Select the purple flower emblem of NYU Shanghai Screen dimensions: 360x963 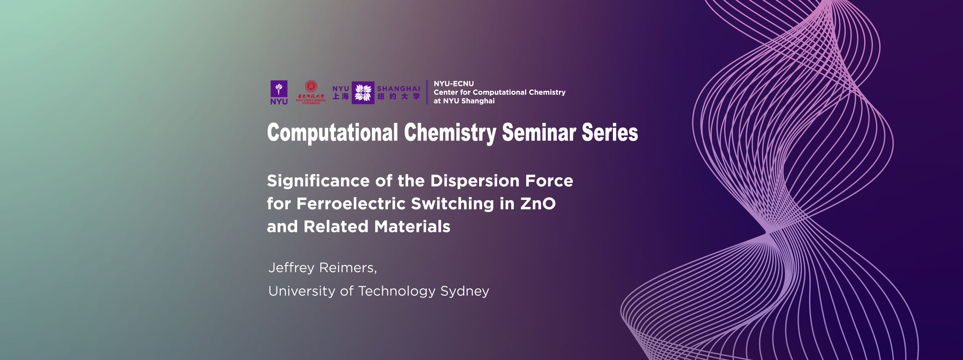[363, 92]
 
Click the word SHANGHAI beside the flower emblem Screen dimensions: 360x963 [398, 89]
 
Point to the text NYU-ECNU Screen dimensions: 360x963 [454, 84]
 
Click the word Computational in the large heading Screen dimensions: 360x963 [332, 133]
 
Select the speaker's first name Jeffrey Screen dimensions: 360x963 [291, 268]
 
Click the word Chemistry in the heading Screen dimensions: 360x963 [450, 133]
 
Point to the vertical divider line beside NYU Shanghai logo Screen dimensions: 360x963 [427, 92]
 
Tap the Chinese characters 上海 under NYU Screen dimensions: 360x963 [341, 97]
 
